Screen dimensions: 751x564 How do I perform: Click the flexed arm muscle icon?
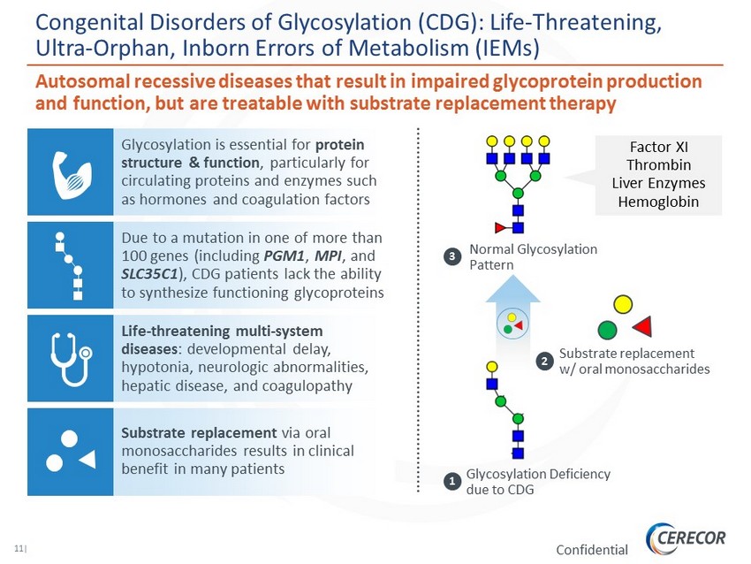coord(71,175)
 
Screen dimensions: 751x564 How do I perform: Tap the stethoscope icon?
coord(72,359)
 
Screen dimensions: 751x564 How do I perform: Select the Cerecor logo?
coord(686,538)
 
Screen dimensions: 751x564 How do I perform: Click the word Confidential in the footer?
coord(592,550)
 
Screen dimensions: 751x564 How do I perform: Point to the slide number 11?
coord(19,549)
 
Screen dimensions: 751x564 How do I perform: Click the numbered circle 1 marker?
coord(451,481)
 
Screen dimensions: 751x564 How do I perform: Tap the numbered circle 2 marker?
coord(544,361)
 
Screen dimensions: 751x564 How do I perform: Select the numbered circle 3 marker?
coord(451,256)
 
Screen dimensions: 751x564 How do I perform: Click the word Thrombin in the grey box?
coord(658,164)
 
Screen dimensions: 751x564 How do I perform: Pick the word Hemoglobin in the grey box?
coord(658,202)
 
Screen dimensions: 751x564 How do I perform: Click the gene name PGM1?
coord(284,255)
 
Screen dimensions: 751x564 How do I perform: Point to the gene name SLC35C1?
coord(149,274)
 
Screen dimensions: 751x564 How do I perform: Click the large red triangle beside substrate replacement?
coord(643,327)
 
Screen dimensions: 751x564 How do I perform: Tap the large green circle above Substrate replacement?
coord(607,330)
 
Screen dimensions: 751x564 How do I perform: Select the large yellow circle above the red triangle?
coord(623,304)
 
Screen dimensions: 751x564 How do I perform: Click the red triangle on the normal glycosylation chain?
coord(500,227)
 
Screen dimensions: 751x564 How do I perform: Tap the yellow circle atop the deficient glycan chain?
coord(492,367)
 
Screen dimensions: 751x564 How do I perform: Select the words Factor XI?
coord(658,147)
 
